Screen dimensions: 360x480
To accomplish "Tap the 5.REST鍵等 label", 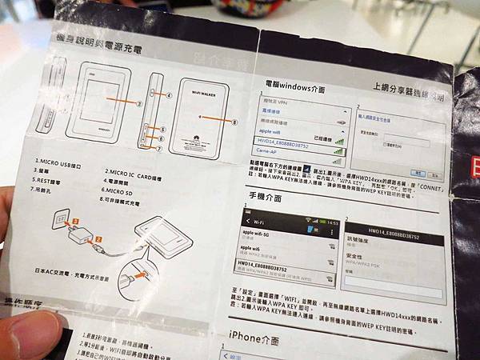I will coord(52,181).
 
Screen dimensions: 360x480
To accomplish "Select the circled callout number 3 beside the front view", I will coord(138,104).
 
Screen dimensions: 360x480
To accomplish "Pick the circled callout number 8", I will coord(234,122).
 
